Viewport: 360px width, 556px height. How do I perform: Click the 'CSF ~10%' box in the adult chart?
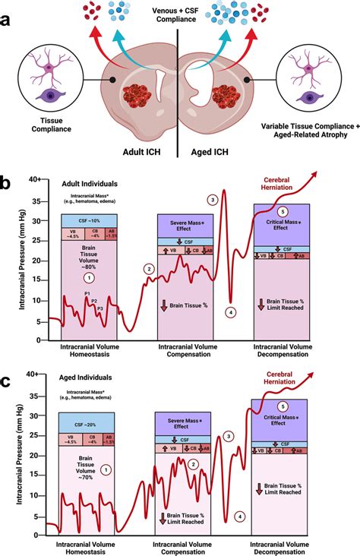87,220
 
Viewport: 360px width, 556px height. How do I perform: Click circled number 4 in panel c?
240,517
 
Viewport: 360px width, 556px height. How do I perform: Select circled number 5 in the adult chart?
283,210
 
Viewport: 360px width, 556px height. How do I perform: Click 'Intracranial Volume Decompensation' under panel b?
283,350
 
